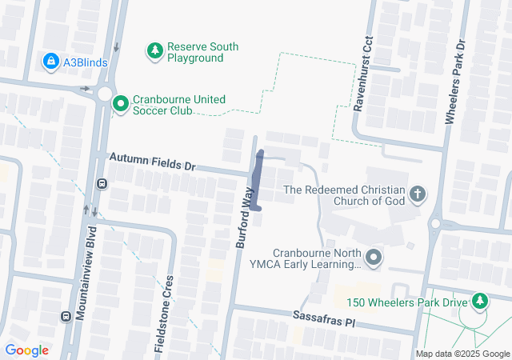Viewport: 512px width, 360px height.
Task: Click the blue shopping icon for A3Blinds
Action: point(50,61)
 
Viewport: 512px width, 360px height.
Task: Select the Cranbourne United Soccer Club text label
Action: point(180,105)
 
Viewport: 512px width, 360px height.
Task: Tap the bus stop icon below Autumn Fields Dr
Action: point(102,184)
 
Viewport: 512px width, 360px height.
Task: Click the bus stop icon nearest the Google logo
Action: point(66,316)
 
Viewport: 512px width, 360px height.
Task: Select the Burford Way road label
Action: point(245,217)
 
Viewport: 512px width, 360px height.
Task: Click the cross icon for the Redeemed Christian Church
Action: point(417,194)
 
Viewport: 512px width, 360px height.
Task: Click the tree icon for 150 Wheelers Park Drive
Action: point(479,302)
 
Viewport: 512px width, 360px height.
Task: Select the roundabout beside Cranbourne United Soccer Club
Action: point(106,94)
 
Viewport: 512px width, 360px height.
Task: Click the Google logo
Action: point(26,350)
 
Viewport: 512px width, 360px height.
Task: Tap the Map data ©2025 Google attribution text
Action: point(462,354)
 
